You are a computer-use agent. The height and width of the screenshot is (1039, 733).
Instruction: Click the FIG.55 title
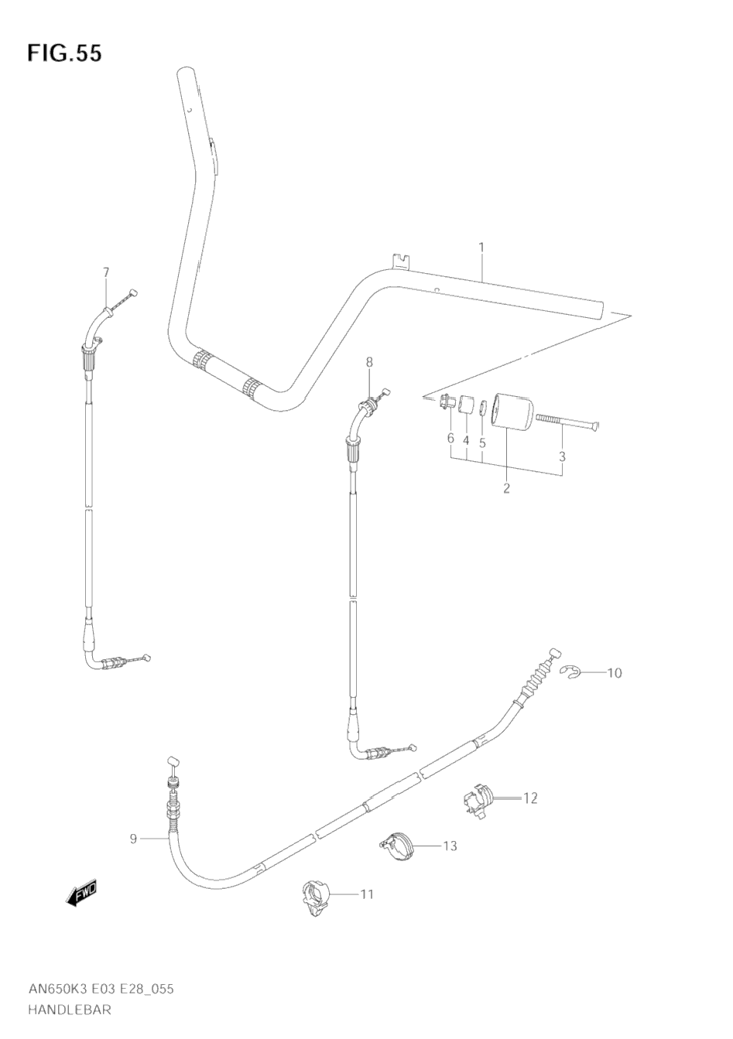pyautogui.click(x=65, y=53)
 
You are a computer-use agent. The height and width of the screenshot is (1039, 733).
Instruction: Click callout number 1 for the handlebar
pyautogui.click(x=481, y=248)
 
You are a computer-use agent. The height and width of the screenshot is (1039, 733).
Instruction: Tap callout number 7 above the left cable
pyautogui.click(x=106, y=272)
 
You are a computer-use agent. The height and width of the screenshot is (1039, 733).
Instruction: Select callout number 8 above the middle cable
pyautogui.click(x=369, y=362)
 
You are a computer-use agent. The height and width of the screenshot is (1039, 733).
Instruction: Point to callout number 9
pyautogui.click(x=133, y=839)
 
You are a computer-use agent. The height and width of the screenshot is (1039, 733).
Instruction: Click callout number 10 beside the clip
pyautogui.click(x=614, y=673)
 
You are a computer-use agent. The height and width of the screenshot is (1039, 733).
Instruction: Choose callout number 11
pyautogui.click(x=367, y=894)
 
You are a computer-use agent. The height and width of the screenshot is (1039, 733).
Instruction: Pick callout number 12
pyautogui.click(x=529, y=798)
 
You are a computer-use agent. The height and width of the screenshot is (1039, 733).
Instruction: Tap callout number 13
pyautogui.click(x=449, y=846)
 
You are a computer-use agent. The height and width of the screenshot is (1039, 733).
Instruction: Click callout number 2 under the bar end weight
pyautogui.click(x=506, y=488)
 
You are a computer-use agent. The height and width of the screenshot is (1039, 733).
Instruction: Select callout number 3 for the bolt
pyautogui.click(x=563, y=456)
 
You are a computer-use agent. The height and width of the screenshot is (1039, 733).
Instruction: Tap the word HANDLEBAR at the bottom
pyautogui.click(x=70, y=1009)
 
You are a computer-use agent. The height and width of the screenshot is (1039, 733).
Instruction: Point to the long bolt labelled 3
pyautogui.click(x=569, y=421)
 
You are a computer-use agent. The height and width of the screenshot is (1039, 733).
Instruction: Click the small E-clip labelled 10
pyautogui.click(x=571, y=674)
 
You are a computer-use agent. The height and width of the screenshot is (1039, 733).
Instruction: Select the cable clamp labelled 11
pyautogui.click(x=315, y=897)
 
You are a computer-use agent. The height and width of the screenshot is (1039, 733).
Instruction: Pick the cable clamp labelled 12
pyautogui.click(x=478, y=798)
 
